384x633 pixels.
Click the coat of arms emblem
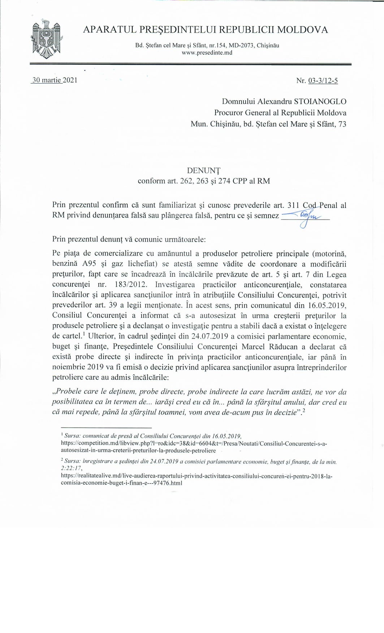(x=46, y=39)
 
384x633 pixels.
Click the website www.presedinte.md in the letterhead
(x=207, y=53)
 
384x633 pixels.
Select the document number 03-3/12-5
(x=323, y=81)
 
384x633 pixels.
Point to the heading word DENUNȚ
(x=204, y=170)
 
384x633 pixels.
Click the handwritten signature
(x=305, y=218)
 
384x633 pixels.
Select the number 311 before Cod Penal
(x=293, y=205)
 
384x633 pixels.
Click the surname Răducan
(x=285, y=347)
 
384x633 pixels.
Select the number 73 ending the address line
(x=342, y=124)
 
